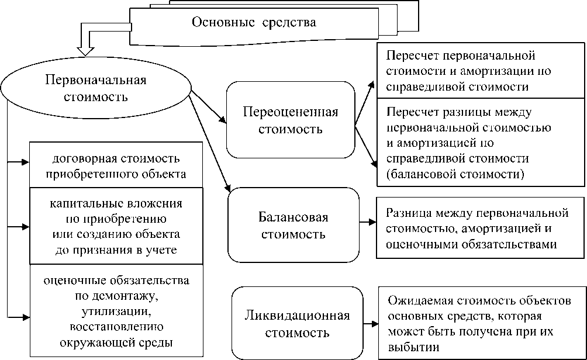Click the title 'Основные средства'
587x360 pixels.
(x=254, y=23)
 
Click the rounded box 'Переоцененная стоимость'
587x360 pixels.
(x=291, y=120)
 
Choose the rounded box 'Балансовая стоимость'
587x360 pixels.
(x=292, y=226)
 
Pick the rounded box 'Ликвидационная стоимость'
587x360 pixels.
(x=296, y=324)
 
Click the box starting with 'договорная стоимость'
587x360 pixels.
(x=116, y=166)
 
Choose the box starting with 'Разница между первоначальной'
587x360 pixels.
(x=481, y=229)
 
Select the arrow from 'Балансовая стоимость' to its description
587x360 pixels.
(x=367, y=222)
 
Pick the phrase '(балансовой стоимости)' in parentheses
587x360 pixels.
(x=455, y=174)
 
